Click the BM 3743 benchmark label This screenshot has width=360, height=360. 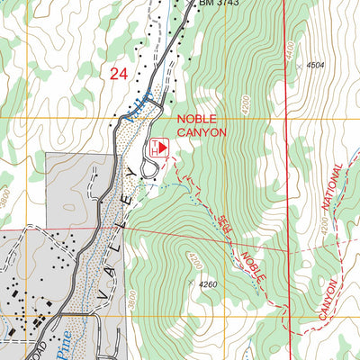[220, 4]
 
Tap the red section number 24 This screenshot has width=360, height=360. [118, 75]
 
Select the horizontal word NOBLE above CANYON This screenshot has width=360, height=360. [197, 119]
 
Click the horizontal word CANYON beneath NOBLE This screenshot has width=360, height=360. [202, 132]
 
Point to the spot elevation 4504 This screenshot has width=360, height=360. [314, 66]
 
